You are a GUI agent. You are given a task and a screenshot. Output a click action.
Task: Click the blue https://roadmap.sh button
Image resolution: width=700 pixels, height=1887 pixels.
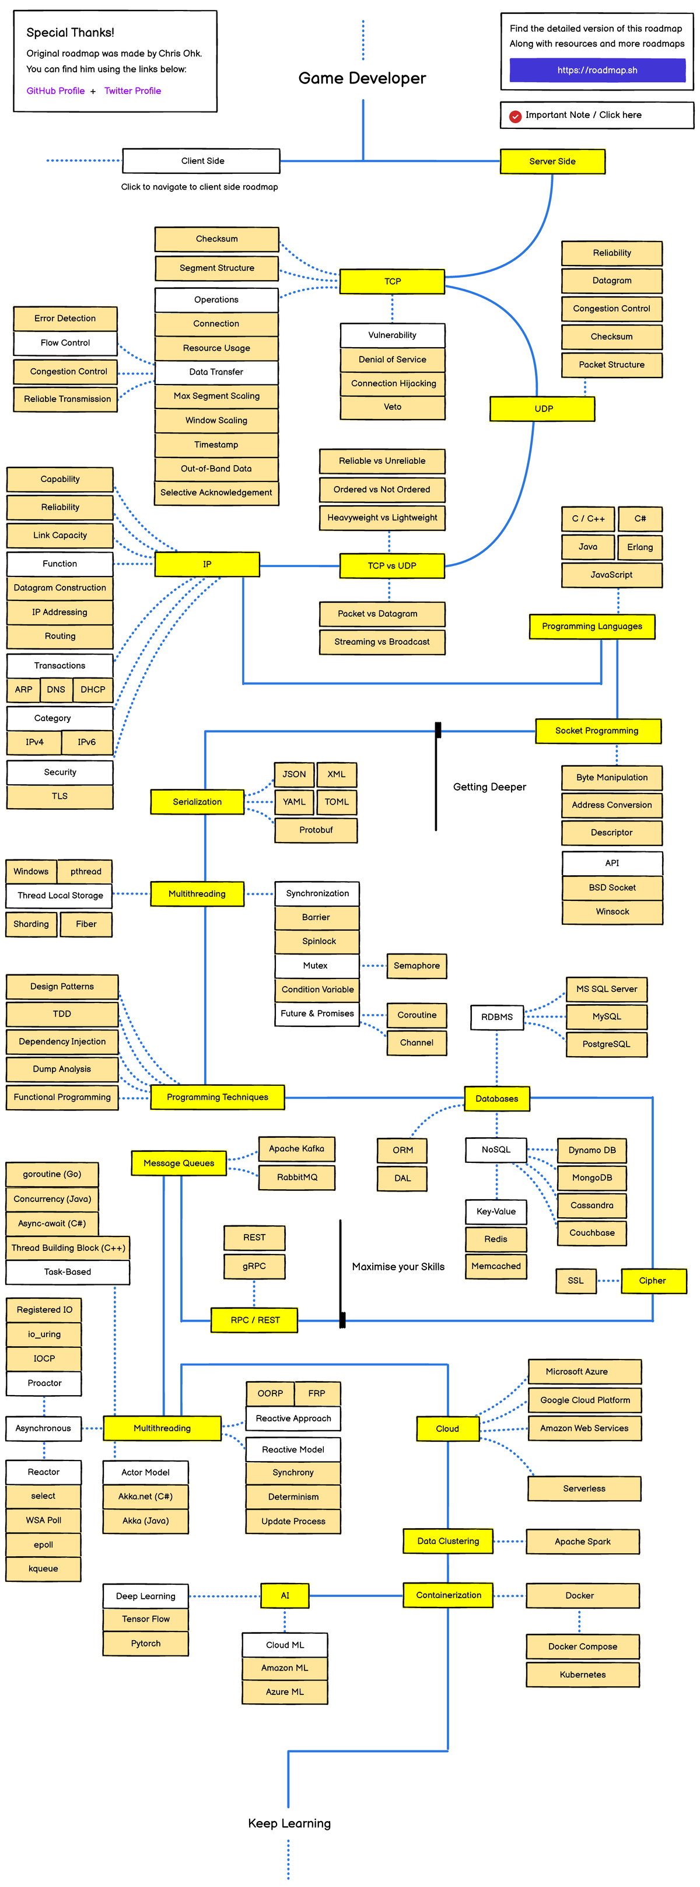pyautogui.click(x=597, y=71)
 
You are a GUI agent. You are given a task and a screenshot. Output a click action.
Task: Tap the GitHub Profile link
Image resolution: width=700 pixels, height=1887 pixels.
pyautogui.click(x=55, y=91)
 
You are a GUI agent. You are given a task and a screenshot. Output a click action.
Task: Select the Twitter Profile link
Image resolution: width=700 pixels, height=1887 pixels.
pyautogui.click(x=132, y=91)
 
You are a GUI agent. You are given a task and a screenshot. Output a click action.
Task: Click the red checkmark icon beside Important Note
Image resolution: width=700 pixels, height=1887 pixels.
pyautogui.click(x=516, y=116)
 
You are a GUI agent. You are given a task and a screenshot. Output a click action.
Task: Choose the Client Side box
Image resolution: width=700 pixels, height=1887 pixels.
pyautogui.click(x=201, y=161)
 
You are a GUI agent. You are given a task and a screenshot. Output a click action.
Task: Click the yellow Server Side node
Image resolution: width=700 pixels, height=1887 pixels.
pyautogui.click(x=552, y=161)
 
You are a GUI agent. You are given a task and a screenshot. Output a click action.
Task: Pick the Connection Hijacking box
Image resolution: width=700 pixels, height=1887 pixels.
pyautogui.click(x=393, y=383)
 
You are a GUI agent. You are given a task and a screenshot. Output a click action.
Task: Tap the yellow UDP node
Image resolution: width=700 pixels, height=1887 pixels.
pyautogui.click(x=542, y=409)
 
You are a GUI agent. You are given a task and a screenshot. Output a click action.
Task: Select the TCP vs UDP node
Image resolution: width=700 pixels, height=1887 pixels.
pyautogui.click(x=392, y=565)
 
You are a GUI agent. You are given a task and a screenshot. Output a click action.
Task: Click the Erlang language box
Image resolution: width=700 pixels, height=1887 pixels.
pyautogui.click(x=639, y=547)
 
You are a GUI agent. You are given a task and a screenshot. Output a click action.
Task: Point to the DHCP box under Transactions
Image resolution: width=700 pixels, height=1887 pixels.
pyautogui.click(x=93, y=689)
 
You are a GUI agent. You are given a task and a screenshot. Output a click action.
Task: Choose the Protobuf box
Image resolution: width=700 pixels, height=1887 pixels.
pyautogui.click(x=316, y=830)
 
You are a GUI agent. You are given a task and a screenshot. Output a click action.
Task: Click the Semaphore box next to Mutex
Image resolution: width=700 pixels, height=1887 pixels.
pyautogui.click(x=416, y=966)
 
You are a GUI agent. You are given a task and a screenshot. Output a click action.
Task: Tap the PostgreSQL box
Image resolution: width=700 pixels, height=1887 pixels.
pyautogui.click(x=606, y=1044)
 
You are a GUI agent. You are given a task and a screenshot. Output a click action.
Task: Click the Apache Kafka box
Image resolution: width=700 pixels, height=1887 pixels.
pyautogui.click(x=296, y=1149)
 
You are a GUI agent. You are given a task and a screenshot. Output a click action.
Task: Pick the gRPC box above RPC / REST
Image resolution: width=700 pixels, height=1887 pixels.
pyautogui.click(x=254, y=1266)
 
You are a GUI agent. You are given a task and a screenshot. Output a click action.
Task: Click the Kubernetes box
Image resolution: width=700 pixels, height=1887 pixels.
pyautogui.click(x=582, y=1675)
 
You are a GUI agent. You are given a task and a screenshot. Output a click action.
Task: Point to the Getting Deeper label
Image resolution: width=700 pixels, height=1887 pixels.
pyautogui.click(x=489, y=787)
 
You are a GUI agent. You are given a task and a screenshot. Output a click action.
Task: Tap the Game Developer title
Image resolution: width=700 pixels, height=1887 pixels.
pyautogui.click(x=362, y=78)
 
